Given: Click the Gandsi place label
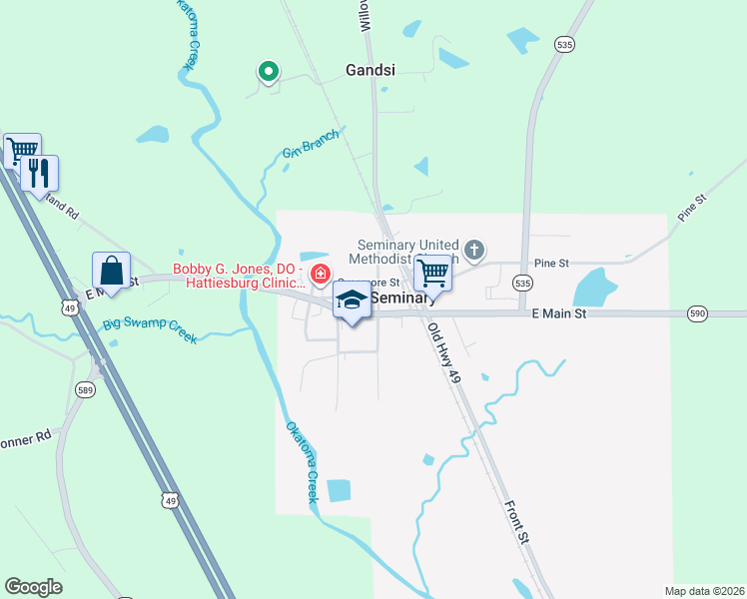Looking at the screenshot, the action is point(371,71).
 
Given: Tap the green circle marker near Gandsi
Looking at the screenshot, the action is point(268,71).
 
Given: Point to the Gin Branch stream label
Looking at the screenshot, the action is point(311,143).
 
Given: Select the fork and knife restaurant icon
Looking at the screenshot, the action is point(39,173).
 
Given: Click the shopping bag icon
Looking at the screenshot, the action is point(111,271).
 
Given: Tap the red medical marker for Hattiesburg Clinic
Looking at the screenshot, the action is point(321,274).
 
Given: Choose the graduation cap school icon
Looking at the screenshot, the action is point(352,299).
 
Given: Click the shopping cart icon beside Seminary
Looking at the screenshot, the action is point(432,271).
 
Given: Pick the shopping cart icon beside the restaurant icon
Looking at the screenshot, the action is point(21,152).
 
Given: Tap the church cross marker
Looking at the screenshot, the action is point(474,250).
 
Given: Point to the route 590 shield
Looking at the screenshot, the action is point(698,314).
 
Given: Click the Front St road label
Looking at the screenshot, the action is point(517,521).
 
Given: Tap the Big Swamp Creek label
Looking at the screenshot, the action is point(150,330).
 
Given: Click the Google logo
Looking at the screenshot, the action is point(33,587).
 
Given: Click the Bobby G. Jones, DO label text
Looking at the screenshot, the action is point(238,269).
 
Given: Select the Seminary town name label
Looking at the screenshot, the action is point(403,299).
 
